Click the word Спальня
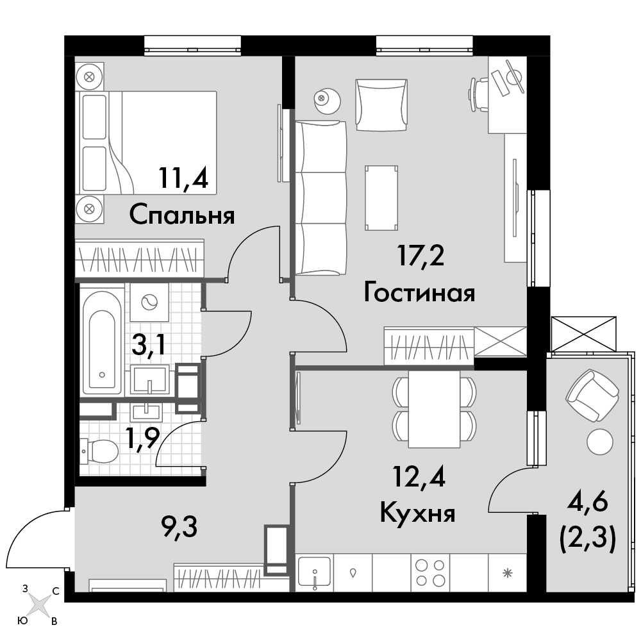point(182,215)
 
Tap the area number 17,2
point(420,256)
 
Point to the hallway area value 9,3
point(179,528)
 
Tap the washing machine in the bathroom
point(149,302)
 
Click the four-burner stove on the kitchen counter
point(429,572)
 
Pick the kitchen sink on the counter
point(314,572)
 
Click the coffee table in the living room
point(381,198)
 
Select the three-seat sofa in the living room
point(321,198)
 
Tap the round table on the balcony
point(600,442)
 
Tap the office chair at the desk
point(478,95)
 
